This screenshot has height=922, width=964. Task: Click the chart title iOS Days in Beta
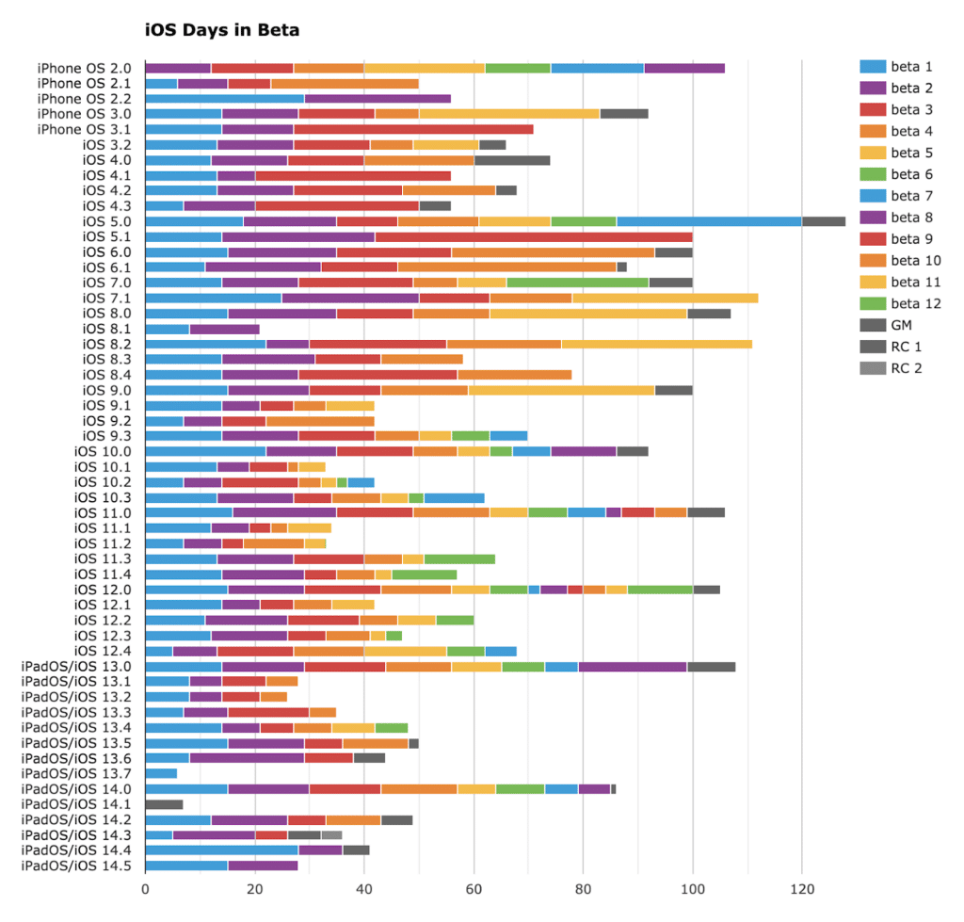click(222, 30)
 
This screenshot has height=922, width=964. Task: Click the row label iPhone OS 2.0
click(84, 68)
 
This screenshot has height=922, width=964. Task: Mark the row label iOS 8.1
click(106, 329)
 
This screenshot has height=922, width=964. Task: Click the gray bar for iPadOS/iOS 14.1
click(164, 804)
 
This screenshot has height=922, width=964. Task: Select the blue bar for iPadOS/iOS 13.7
click(161, 773)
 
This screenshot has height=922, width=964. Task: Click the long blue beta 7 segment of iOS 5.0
click(709, 221)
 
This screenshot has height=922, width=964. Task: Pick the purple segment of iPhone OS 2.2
click(378, 99)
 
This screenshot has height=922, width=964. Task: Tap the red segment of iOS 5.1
click(534, 236)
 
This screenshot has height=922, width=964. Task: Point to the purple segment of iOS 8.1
click(224, 329)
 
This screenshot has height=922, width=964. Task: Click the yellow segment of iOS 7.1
click(665, 298)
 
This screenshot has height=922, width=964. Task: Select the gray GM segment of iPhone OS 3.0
click(624, 114)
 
